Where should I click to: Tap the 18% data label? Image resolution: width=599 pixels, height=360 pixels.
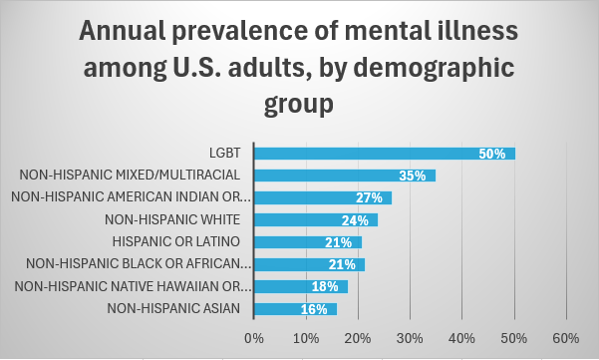pos(326,286)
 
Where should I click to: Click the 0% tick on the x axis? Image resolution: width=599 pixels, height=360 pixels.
pos(254,337)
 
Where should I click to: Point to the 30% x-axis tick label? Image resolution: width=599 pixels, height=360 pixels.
pos(411,337)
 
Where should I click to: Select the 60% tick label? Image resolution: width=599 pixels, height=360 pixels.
pos(566,337)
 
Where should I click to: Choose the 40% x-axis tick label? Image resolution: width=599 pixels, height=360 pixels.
pos(462,337)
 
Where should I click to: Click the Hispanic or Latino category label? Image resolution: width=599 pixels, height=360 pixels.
pos(184,241)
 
